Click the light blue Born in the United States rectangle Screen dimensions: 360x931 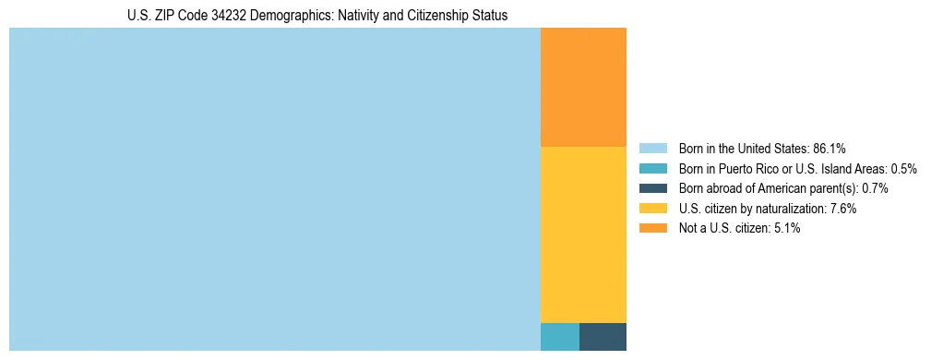[x=274, y=189]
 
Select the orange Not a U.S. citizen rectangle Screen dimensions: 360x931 [x=583, y=87]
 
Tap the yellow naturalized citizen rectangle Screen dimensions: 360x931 [x=583, y=234]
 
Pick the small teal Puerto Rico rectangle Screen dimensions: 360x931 [x=559, y=337]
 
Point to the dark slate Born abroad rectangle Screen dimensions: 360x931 [x=603, y=337]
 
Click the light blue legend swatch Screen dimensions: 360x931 [x=652, y=149]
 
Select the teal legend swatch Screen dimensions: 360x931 [x=652, y=169]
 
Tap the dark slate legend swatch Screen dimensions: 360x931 [x=652, y=188]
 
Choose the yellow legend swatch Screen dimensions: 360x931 [x=652, y=209]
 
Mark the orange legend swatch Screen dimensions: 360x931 [x=652, y=228]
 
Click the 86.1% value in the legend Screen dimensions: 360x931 [x=830, y=149]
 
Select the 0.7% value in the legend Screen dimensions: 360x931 [x=875, y=188]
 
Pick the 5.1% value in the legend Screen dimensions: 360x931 [x=787, y=228]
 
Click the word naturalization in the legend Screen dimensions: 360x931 [x=792, y=209]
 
